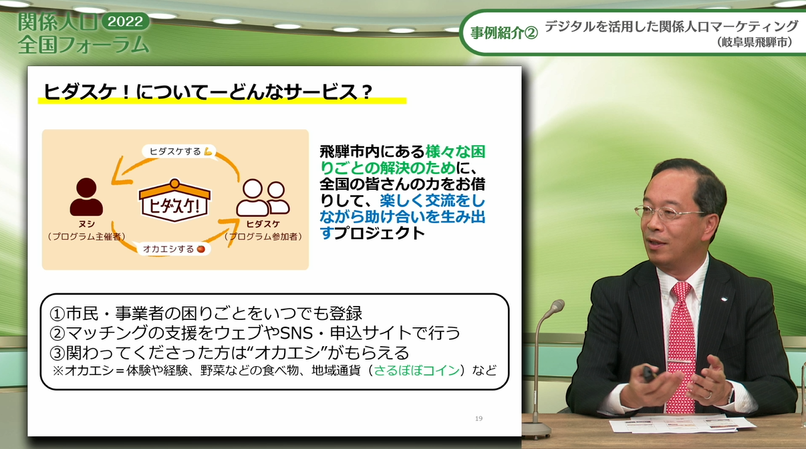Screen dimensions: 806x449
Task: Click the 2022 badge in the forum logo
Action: [126, 21]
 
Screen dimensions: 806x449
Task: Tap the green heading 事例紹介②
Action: [504, 33]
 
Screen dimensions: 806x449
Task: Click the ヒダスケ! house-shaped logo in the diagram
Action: [175, 200]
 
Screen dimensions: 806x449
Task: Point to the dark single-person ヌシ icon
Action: [86, 197]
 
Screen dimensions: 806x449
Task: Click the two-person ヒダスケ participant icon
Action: [263, 198]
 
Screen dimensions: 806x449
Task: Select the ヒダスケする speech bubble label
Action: [179, 151]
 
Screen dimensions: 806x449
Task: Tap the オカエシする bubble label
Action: [174, 249]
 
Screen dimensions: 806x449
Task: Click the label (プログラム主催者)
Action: [87, 237]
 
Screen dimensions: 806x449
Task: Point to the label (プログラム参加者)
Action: [263, 237]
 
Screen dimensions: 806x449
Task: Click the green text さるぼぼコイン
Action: [417, 370]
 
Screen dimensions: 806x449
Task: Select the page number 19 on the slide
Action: [479, 418]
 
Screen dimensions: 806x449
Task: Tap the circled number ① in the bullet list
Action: [57, 314]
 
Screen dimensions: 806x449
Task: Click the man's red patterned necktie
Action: [681, 345]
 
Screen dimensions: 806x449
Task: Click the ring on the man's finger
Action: [707, 396]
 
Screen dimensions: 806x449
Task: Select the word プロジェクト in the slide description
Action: [379, 233]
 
